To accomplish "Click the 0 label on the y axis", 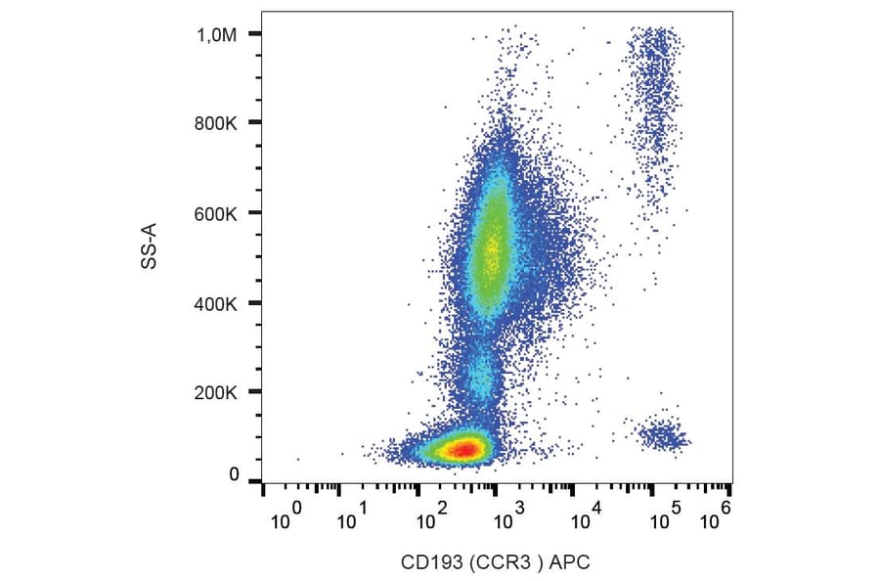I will pyautogui.click(x=234, y=475).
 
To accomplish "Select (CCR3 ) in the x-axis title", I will pyautogui.click(x=505, y=562).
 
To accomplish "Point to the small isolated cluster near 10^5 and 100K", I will pyautogui.click(x=662, y=433).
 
